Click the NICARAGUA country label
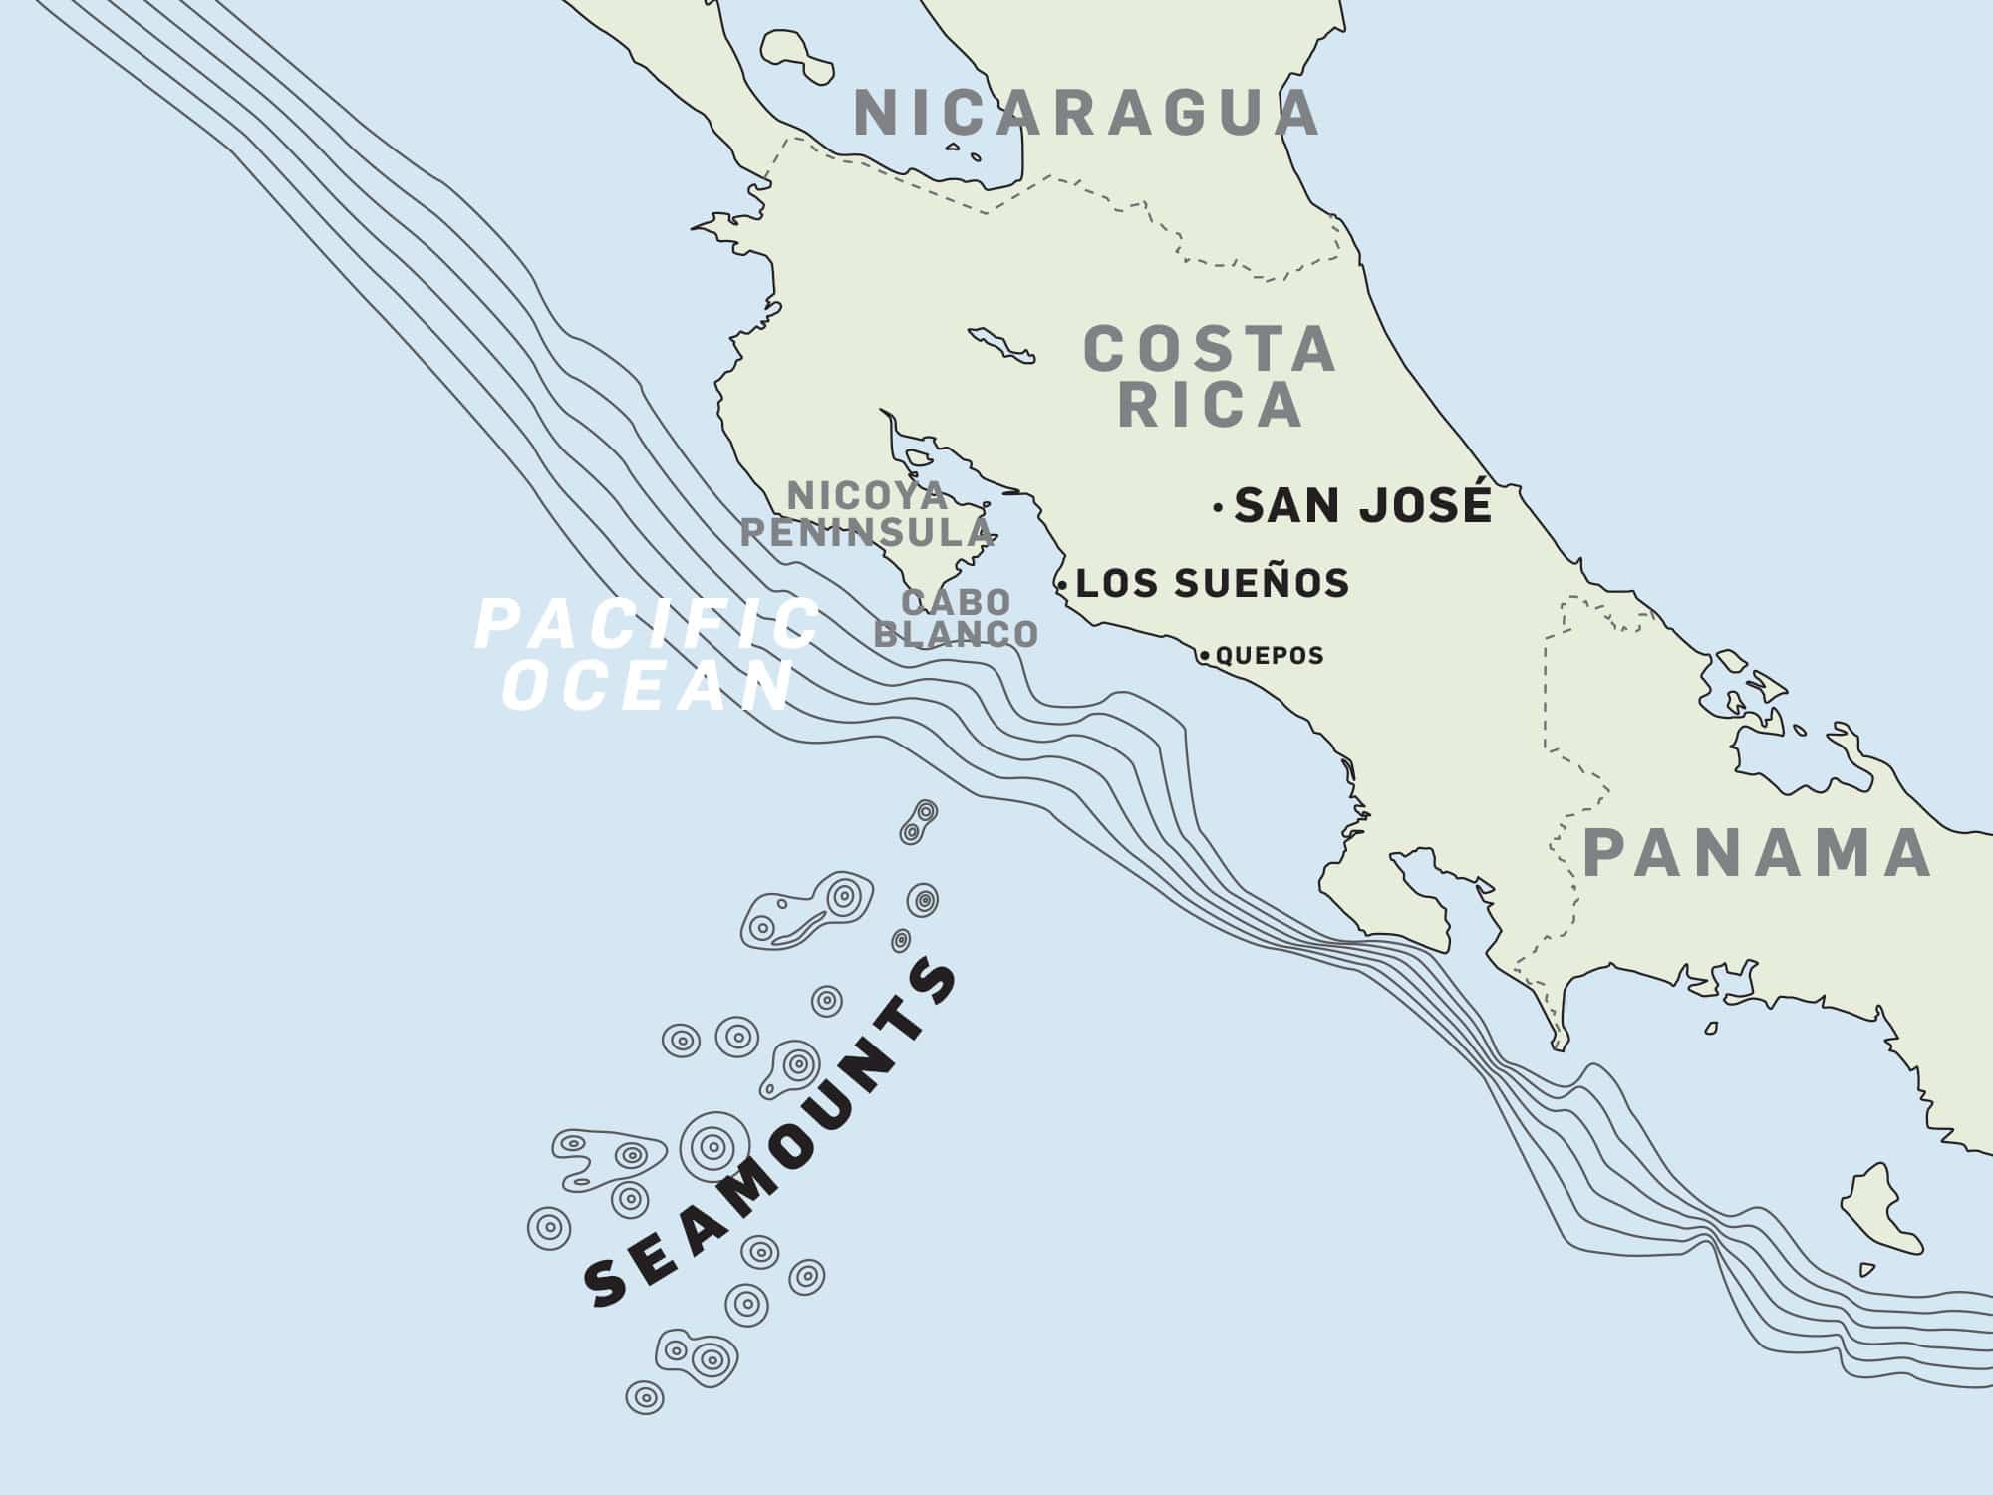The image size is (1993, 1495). tap(1086, 113)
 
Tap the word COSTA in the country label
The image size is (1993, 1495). tap(1210, 350)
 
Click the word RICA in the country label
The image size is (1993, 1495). tap(1210, 405)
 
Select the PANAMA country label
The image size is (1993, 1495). tap(1758, 853)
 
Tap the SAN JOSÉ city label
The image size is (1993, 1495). tap(1362, 506)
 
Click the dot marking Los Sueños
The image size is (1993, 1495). tap(1063, 585)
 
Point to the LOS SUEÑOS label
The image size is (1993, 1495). tap(1213, 583)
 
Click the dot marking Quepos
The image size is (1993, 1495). tap(1206, 656)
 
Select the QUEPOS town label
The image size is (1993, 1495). tap(1270, 656)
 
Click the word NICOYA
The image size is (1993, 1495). tap(866, 494)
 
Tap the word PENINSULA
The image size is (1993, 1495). tap(866, 533)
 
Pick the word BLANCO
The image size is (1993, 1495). tap(956, 634)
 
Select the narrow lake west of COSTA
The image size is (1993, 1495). tap(999, 345)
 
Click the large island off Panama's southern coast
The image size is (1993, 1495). tap(1878, 1209)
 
